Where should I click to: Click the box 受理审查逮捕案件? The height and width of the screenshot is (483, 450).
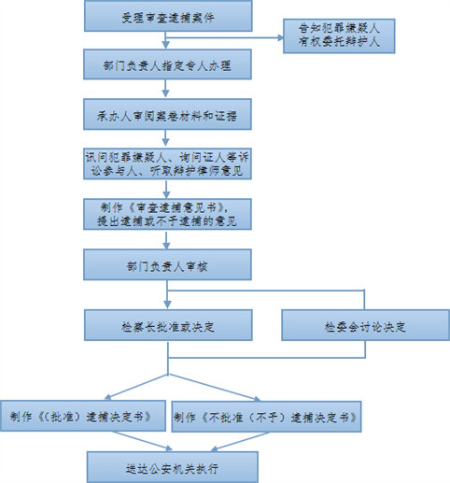[x=168, y=16]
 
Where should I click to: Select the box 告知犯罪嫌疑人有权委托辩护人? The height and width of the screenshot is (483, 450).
[x=339, y=36]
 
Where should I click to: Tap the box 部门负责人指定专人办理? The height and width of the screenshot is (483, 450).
[x=167, y=64]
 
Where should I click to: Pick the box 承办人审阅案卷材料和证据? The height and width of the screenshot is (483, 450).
[x=167, y=114]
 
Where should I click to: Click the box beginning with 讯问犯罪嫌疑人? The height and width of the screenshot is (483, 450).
[x=167, y=163]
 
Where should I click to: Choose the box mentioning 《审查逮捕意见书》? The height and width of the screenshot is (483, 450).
[x=167, y=214]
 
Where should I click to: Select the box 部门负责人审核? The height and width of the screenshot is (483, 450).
[x=167, y=264]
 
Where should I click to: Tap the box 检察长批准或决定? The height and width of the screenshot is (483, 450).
[x=168, y=325]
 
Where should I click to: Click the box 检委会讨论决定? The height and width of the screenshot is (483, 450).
[x=365, y=325]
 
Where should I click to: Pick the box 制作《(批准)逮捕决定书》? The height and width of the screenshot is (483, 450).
[x=83, y=416]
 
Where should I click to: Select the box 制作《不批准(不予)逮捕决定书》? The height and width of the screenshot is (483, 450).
[x=266, y=417]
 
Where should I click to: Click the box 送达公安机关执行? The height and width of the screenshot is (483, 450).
[x=173, y=467]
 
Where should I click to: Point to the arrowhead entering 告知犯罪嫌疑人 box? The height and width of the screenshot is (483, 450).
[x=280, y=38]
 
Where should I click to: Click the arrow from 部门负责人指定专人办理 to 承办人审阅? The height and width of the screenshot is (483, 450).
[x=166, y=89]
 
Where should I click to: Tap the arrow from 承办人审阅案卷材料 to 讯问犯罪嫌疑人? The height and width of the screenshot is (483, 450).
[x=166, y=138]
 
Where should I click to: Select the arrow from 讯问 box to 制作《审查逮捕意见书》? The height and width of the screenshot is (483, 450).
[x=166, y=189]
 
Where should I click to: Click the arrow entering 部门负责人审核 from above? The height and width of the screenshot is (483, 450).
[x=166, y=239]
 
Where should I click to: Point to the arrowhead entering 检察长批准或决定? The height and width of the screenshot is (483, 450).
[x=167, y=305]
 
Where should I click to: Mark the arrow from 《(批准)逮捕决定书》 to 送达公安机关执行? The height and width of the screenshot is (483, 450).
[x=142, y=441]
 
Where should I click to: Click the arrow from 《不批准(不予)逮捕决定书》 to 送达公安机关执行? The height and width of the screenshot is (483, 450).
[x=240, y=442]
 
